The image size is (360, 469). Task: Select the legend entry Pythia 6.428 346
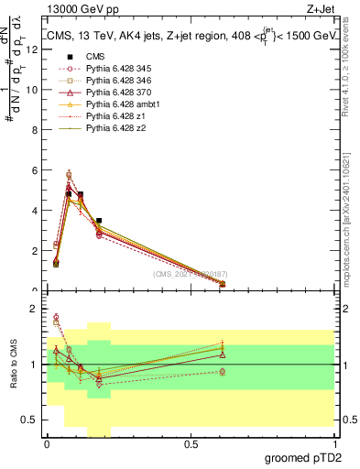pyautogui.click(x=110, y=80)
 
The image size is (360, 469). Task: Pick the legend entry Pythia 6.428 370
pyautogui.click(x=110, y=93)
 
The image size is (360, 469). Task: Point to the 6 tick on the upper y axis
pyautogui.click(x=35, y=170)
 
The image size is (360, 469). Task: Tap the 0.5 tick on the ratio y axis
pyautogui.click(x=31, y=420)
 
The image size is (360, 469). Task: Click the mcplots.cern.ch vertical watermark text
pyautogui.click(x=350, y=206)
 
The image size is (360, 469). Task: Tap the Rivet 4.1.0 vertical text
pyautogui.click(x=350, y=69)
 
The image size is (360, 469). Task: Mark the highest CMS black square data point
pyautogui.click(x=69, y=194)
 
